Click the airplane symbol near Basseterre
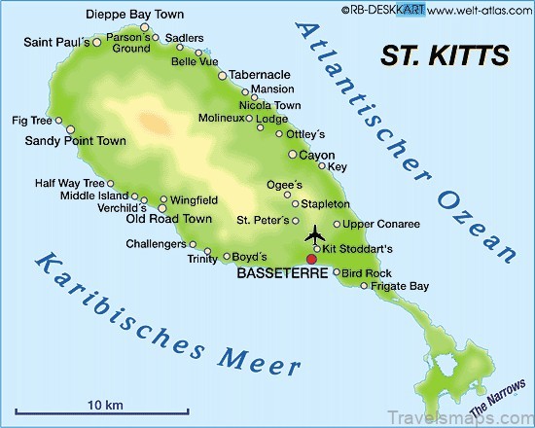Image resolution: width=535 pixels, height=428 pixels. (314, 234)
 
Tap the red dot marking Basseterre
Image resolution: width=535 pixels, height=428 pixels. (311, 259)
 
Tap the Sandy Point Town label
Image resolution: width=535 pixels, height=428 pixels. (75, 140)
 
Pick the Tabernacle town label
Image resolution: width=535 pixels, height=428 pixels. (262, 74)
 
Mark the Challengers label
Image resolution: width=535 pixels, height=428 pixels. (156, 243)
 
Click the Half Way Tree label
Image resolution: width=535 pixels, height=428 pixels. (68, 182)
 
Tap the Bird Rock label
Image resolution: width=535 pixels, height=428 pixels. (366, 273)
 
